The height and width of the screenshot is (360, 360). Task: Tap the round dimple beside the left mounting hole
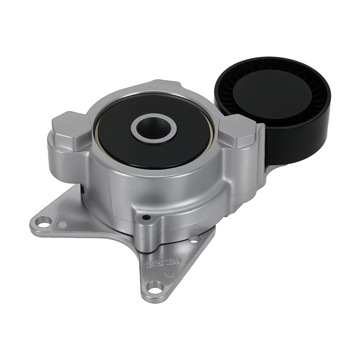(x=63, y=224)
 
